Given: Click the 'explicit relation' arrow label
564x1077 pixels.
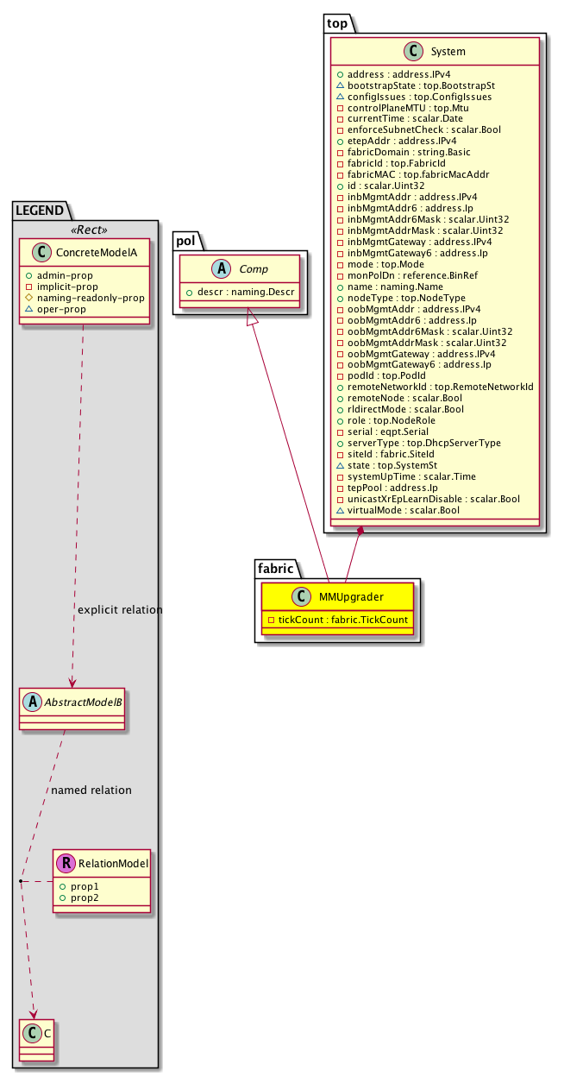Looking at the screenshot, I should click(x=120, y=610).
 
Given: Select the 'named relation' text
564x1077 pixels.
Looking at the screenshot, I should click(x=91, y=790).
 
